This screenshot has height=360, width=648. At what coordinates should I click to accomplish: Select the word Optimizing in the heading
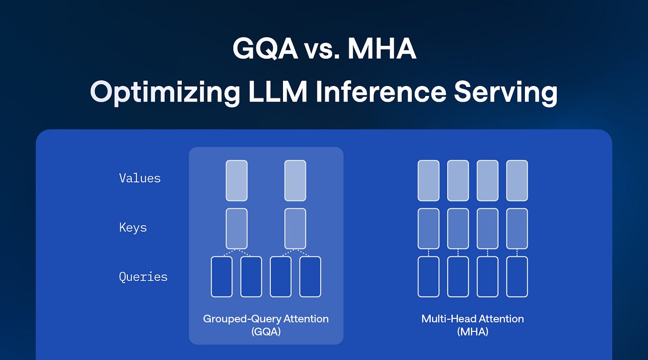click(165, 92)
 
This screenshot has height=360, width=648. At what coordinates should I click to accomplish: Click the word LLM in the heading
click(278, 92)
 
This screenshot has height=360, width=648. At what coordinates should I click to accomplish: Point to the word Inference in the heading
click(379, 92)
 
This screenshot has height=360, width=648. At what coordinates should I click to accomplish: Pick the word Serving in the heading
click(505, 92)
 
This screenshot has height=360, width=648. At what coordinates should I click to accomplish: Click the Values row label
click(140, 179)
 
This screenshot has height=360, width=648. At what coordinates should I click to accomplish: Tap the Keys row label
click(133, 228)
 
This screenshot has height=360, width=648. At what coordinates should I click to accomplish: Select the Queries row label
click(143, 277)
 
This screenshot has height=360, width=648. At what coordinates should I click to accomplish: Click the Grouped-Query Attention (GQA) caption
click(266, 325)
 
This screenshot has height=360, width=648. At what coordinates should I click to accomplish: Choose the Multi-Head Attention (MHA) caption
click(472, 325)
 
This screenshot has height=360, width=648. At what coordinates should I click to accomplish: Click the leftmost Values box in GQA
click(237, 180)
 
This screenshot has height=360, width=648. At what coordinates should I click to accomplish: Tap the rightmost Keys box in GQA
click(295, 229)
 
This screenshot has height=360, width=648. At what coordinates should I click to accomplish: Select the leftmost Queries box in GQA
click(222, 277)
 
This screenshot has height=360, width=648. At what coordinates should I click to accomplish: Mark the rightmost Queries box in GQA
click(310, 277)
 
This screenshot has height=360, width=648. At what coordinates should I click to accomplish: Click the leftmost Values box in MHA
click(429, 180)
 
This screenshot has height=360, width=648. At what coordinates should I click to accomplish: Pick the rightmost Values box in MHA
click(517, 180)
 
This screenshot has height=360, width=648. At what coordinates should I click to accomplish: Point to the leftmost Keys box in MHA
click(429, 229)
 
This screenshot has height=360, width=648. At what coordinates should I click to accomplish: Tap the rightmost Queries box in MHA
click(517, 277)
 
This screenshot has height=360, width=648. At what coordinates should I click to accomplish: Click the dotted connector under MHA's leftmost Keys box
click(429, 253)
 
